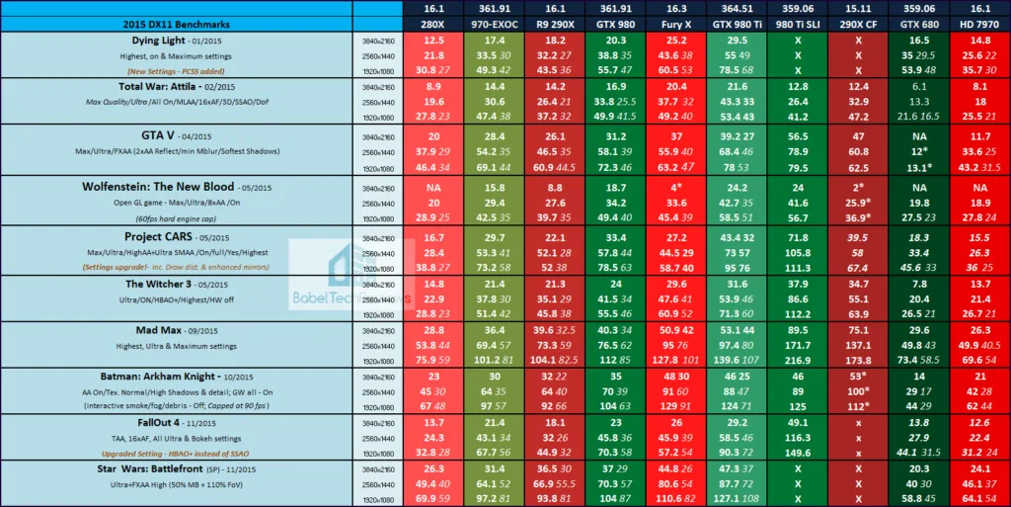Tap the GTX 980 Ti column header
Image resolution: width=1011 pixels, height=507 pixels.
click(739, 23)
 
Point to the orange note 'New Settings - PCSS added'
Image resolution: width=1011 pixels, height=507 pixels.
click(174, 71)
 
